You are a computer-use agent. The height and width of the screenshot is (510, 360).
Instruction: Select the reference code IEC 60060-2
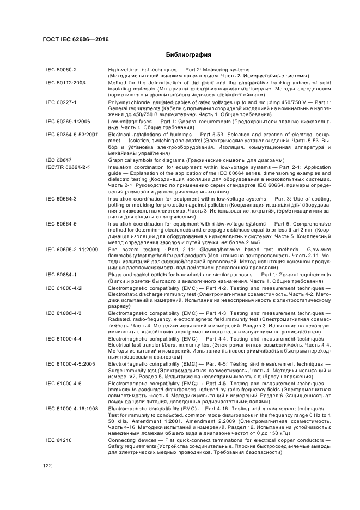click(62, 70)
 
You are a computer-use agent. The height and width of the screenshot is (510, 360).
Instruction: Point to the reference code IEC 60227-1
click(62, 102)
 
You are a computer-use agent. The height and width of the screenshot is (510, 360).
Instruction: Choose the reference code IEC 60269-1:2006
click(68, 121)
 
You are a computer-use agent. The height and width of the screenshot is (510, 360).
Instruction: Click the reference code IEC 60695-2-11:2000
click(72, 249)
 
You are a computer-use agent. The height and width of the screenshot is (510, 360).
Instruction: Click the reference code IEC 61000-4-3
click(64, 313)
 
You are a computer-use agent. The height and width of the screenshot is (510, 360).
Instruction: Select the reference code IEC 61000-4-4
click(64, 339)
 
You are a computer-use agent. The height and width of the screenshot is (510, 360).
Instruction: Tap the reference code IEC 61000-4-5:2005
click(70, 363)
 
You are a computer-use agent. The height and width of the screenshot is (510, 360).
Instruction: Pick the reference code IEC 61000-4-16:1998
click(72, 408)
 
